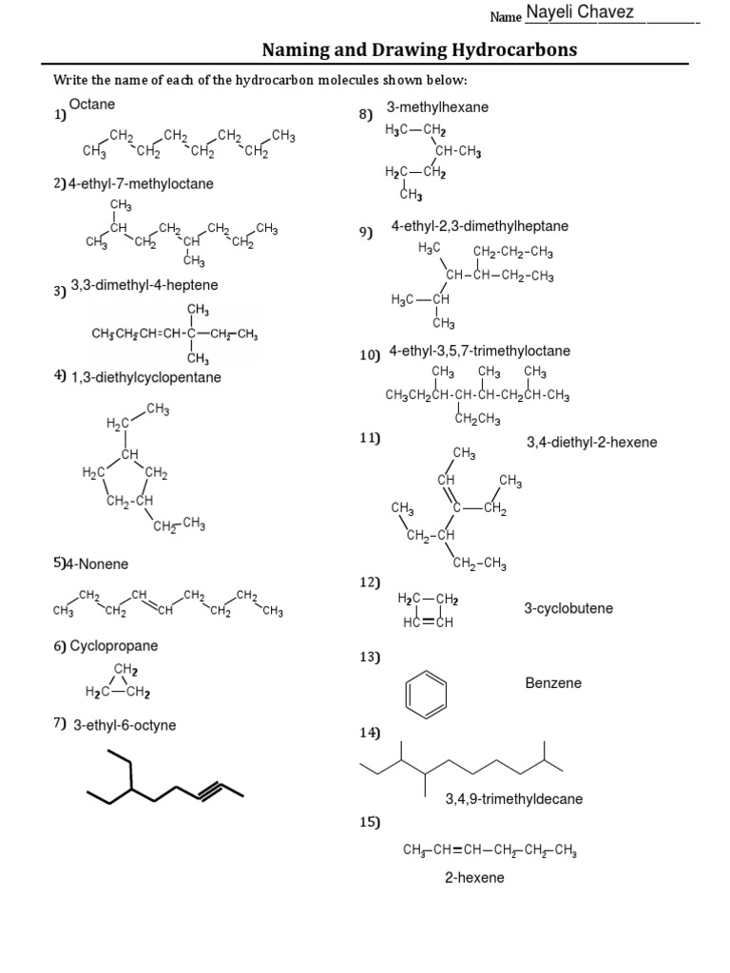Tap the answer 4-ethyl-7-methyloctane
tap(141, 182)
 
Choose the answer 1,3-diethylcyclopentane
tap(146, 377)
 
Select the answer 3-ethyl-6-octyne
tap(125, 725)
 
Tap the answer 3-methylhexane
tap(437, 107)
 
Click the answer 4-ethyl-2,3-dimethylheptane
tap(480, 226)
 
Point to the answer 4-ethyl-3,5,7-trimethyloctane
tap(480, 352)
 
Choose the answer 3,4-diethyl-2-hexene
tap(591, 442)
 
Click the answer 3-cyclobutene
tap(568, 608)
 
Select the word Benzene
tap(553, 683)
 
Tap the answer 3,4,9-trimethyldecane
tap(514, 799)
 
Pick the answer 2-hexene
tap(474, 878)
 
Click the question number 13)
tap(370, 657)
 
